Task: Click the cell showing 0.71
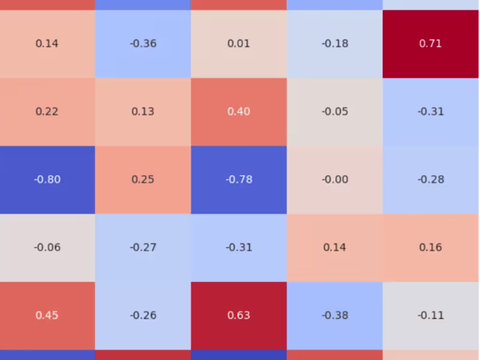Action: pyautogui.click(x=431, y=44)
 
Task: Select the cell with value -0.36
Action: pyautogui.click(x=143, y=44)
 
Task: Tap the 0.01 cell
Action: pyautogui.click(x=239, y=44)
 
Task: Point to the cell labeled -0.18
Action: pyautogui.click(x=335, y=44)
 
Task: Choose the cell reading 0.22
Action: pyautogui.click(x=47, y=112)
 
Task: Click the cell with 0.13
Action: pyautogui.click(x=143, y=112)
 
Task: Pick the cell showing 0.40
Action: pyautogui.click(x=239, y=112)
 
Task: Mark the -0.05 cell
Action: pyautogui.click(x=335, y=112)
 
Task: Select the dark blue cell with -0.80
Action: pyautogui.click(x=47, y=179)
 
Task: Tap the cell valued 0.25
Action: pyautogui.click(x=143, y=179)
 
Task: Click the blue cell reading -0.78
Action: pyautogui.click(x=239, y=179)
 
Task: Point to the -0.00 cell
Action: pyautogui.click(x=335, y=179)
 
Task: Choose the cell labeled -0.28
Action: pyautogui.click(x=431, y=179)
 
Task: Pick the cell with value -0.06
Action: pyautogui.click(x=47, y=247)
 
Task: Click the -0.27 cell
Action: pyautogui.click(x=143, y=247)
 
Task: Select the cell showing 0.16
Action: pyautogui.click(x=431, y=247)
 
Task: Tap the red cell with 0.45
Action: pyautogui.click(x=47, y=315)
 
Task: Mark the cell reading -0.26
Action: pyautogui.click(x=143, y=315)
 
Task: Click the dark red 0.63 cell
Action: pyautogui.click(x=239, y=315)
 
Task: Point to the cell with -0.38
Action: pyautogui.click(x=335, y=315)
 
